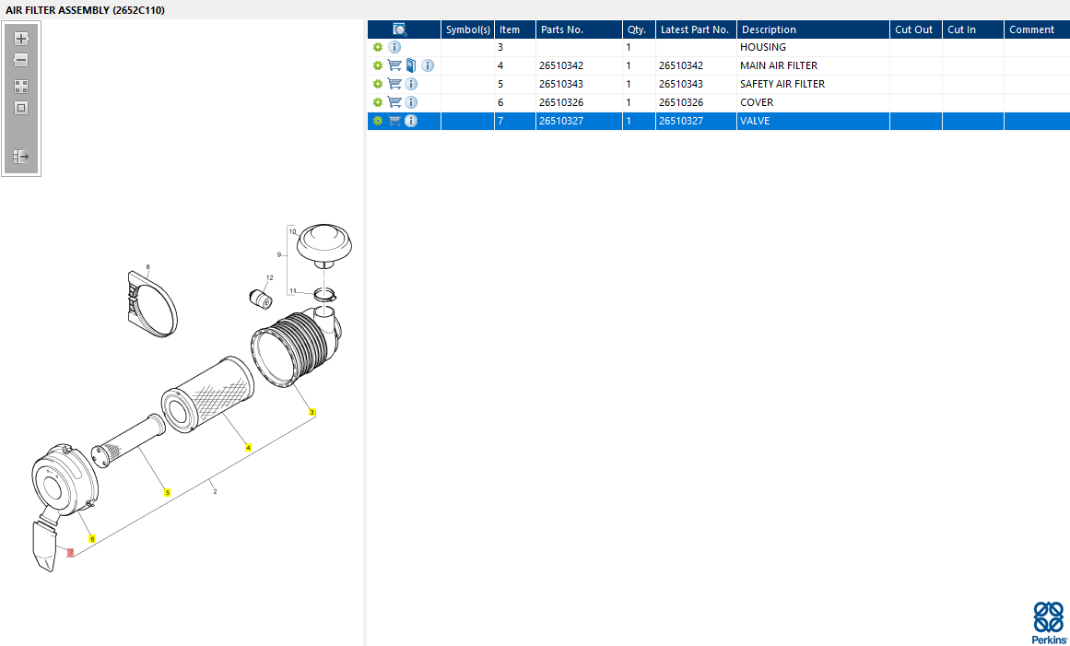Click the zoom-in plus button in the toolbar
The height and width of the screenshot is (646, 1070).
pos(21,38)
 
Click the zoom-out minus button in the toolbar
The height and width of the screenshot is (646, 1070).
pos(21,60)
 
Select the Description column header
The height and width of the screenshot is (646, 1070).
pos(769,29)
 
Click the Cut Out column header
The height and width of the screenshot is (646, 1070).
pos(913,29)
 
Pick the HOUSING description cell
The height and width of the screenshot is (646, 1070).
pos(763,47)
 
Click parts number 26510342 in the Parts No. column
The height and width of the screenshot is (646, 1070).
pos(561,65)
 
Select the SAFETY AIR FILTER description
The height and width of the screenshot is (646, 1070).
pos(782,84)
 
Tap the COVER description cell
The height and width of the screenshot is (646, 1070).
pos(757,102)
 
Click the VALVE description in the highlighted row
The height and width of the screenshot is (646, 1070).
pos(755,121)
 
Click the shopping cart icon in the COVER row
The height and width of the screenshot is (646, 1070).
pos(394,102)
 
